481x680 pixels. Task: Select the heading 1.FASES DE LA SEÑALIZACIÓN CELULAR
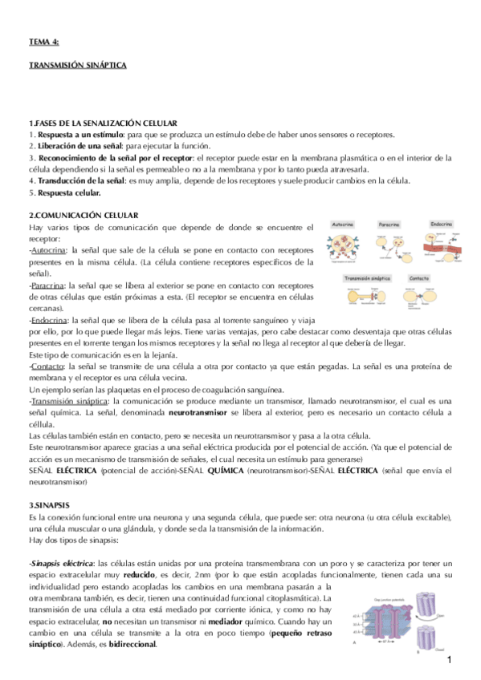point(103,123)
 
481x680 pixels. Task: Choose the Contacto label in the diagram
point(419,278)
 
